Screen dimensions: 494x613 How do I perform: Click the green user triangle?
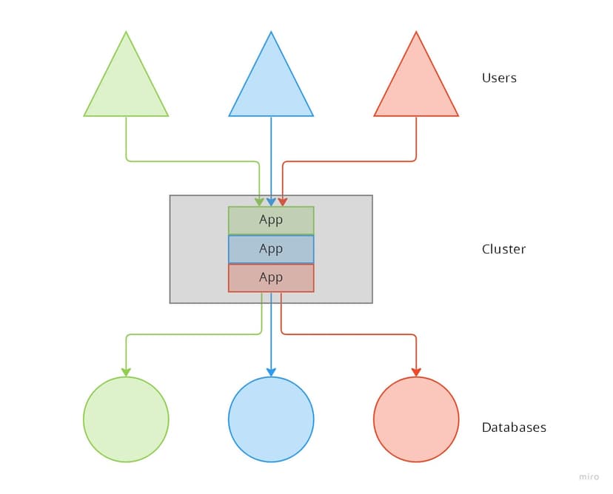(126, 85)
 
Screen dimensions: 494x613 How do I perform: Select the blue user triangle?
(271, 85)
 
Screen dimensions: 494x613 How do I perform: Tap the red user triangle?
(416, 85)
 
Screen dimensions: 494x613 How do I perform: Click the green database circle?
(126, 419)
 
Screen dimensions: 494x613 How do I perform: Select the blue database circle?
(271, 419)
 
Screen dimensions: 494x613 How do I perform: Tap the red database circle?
(416, 419)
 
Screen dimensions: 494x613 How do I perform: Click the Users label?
(499, 78)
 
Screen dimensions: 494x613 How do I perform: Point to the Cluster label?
(503, 249)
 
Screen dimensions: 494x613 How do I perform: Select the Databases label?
(514, 427)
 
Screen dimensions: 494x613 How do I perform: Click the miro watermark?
(589, 477)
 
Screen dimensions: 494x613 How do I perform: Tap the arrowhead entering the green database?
(126, 372)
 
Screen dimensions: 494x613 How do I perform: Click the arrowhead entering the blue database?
(271, 372)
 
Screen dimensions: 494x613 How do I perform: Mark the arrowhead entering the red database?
(416, 372)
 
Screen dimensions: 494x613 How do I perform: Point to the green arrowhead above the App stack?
(260, 202)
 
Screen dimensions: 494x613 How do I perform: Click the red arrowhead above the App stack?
(283, 202)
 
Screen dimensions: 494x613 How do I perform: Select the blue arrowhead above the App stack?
(271, 202)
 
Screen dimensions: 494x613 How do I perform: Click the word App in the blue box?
(271, 249)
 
